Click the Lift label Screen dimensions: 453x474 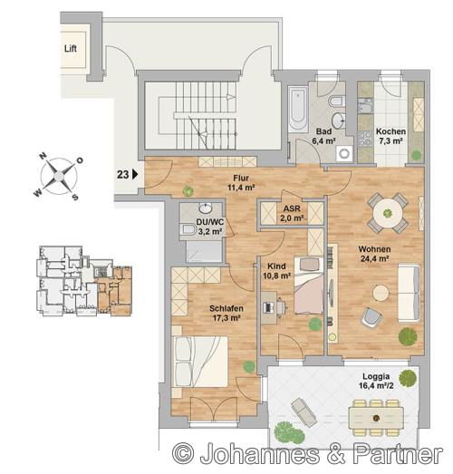(71, 48)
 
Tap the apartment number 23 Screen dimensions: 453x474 (122, 175)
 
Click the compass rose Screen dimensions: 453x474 (59, 176)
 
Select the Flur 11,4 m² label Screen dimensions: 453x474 (241, 183)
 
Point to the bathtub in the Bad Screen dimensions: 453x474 (298, 109)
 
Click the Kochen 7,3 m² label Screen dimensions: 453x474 (390, 136)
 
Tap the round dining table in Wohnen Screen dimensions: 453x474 (388, 213)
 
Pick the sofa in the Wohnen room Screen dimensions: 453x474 (410, 293)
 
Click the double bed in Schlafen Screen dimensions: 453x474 (199, 362)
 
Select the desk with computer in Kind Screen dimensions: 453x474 (273, 307)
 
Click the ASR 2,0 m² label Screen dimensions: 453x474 (292, 213)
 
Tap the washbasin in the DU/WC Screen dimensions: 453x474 (206, 208)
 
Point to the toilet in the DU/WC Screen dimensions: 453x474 (188, 229)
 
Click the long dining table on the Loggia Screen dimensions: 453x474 (376, 418)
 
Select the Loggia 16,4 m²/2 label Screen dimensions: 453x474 (376, 381)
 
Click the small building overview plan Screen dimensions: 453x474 (84, 281)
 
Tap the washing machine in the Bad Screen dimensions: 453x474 (344, 153)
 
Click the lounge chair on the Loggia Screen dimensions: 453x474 (304, 412)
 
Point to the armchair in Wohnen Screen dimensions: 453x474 (371, 317)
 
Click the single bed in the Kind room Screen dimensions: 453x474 (309, 285)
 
